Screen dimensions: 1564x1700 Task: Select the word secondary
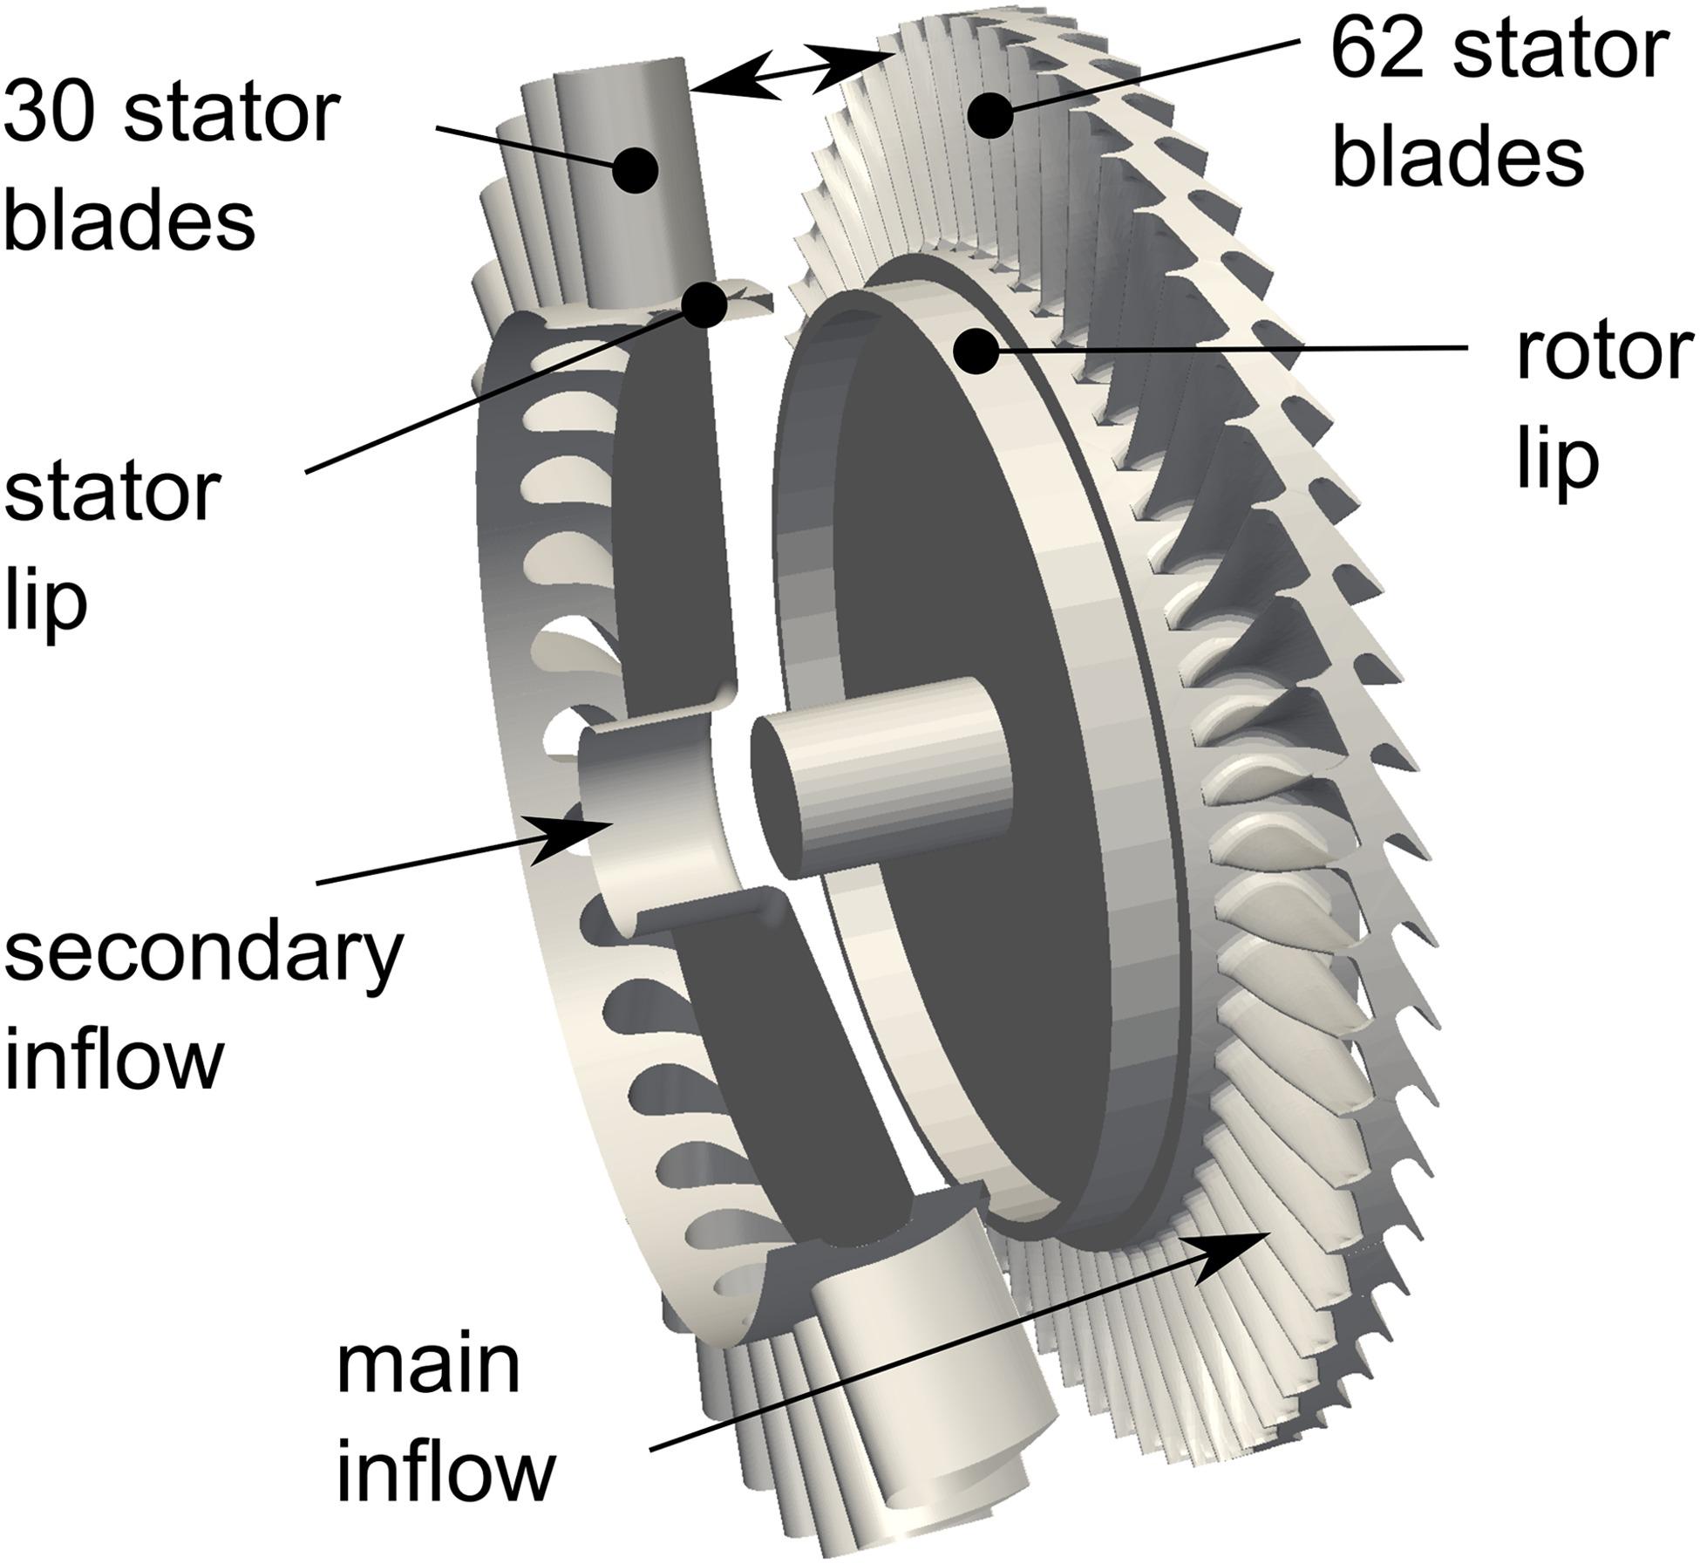pyautogui.click(x=202, y=953)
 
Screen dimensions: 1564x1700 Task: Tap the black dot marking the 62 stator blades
pyautogui.click(x=987, y=117)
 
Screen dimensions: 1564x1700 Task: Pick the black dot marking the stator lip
pyautogui.click(x=704, y=304)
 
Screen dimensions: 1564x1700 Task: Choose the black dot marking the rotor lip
pyautogui.click(x=975, y=352)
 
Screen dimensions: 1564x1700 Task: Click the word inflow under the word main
pyautogui.click(x=445, y=1473)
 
